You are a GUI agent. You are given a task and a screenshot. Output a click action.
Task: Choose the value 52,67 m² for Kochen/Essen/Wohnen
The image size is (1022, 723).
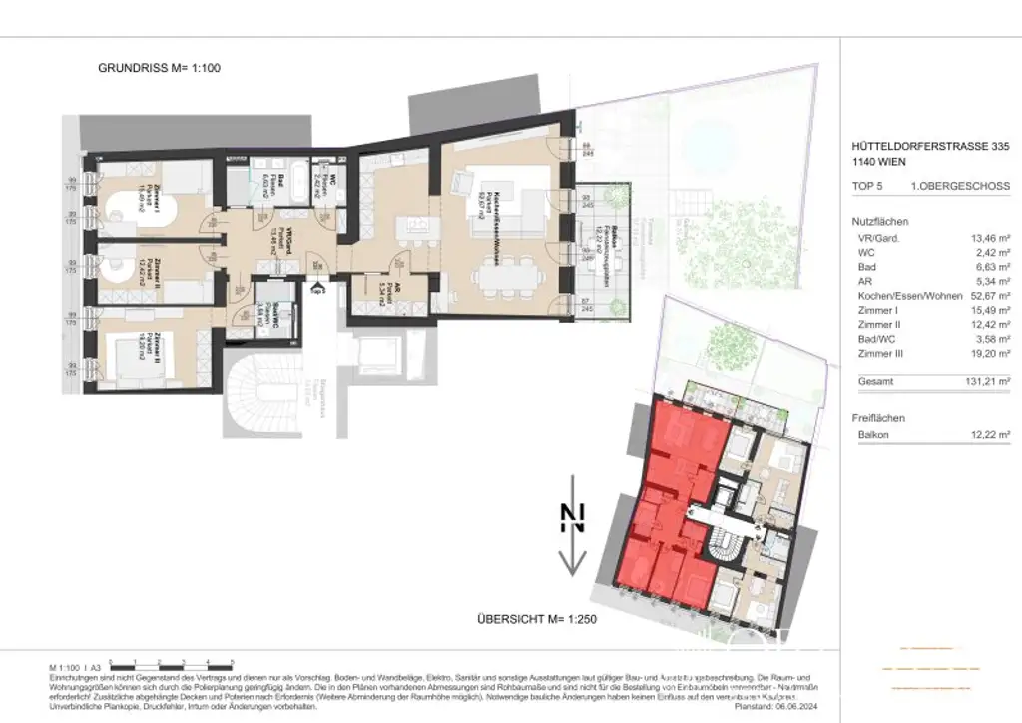988,296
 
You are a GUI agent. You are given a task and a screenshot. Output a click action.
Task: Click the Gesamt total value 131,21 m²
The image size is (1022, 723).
986,382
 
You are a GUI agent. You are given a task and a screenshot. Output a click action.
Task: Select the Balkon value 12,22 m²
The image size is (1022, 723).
988,435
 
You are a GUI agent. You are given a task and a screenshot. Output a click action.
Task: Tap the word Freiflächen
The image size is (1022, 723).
880,417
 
